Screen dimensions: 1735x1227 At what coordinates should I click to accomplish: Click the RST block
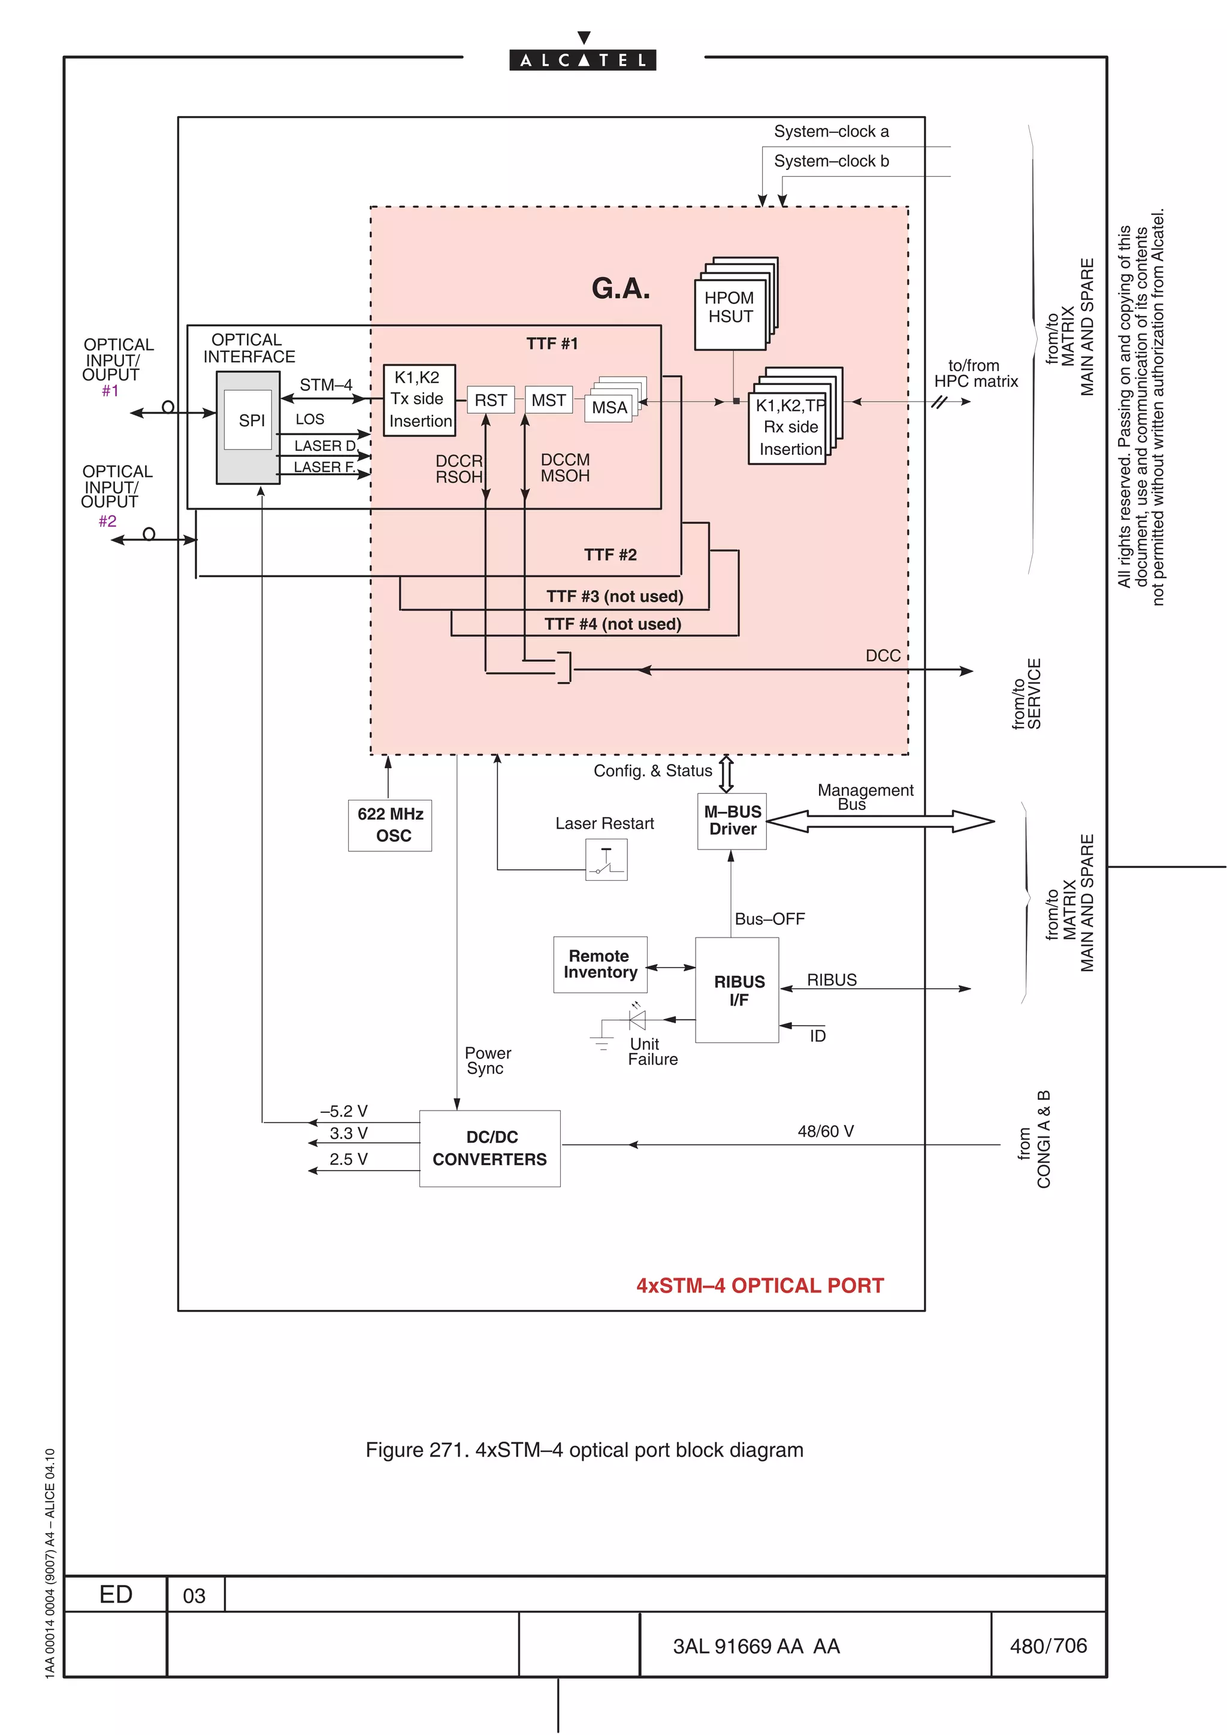[x=491, y=400]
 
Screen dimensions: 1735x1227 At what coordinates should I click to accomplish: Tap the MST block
[x=548, y=400]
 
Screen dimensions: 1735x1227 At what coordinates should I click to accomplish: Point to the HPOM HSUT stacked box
[x=730, y=308]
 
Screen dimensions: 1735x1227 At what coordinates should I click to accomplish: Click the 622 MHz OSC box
[x=390, y=824]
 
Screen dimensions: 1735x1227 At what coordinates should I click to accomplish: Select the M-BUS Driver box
[x=732, y=821]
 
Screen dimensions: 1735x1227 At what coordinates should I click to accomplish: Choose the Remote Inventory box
[x=600, y=964]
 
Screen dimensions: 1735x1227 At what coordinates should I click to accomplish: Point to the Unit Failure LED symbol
[x=637, y=1020]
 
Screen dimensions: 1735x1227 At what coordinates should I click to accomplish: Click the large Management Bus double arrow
[x=880, y=821]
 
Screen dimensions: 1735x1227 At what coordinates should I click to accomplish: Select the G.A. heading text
[x=620, y=288]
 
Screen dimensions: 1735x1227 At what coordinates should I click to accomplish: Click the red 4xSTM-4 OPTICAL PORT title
[x=760, y=1285]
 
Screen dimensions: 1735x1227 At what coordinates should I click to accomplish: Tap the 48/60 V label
[x=826, y=1132]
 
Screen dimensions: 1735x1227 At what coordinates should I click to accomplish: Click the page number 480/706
[x=1048, y=1645]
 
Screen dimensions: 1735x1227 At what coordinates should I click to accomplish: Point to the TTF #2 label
[x=610, y=554]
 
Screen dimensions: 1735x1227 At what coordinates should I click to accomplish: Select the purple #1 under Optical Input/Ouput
[x=110, y=391]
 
